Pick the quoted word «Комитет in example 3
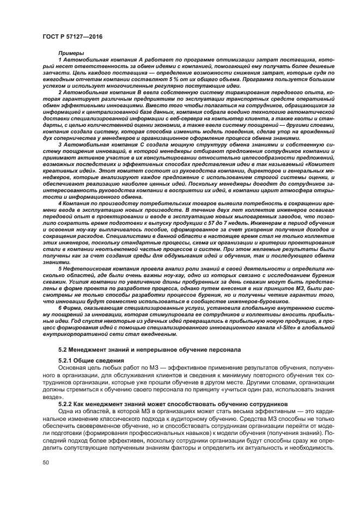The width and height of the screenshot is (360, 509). click(x=316, y=162)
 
